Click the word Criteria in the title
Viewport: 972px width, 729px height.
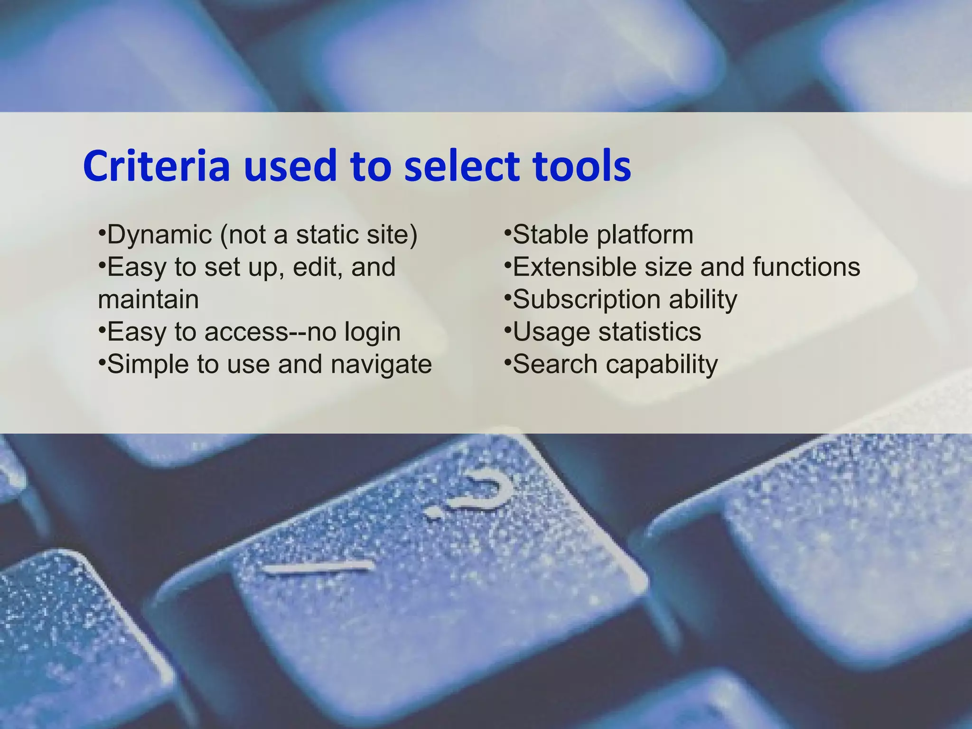(157, 166)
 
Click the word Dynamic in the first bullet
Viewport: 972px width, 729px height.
(159, 235)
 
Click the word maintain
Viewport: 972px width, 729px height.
(148, 299)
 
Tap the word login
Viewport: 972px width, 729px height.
(373, 332)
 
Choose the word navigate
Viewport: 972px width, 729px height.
(381, 365)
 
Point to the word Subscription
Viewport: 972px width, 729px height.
(587, 300)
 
